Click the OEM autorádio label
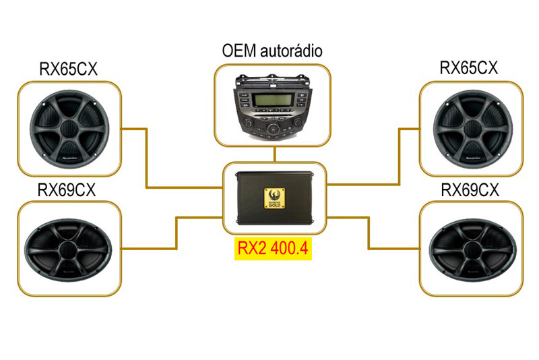pyautogui.click(x=272, y=51)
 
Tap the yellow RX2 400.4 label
pyautogui.click(x=272, y=249)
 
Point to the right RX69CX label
pyautogui.click(x=470, y=189)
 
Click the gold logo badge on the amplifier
pyautogui.click(x=274, y=198)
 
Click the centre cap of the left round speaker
pyautogui.click(x=69, y=127)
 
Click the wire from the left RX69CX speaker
pyautogui.click(x=177, y=233)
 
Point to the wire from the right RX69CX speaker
pyautogui.click(x=369, y=233)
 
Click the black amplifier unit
pyautogui.click(x=274, y=198)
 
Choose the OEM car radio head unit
pyautogui.click(x=272, y=107)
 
